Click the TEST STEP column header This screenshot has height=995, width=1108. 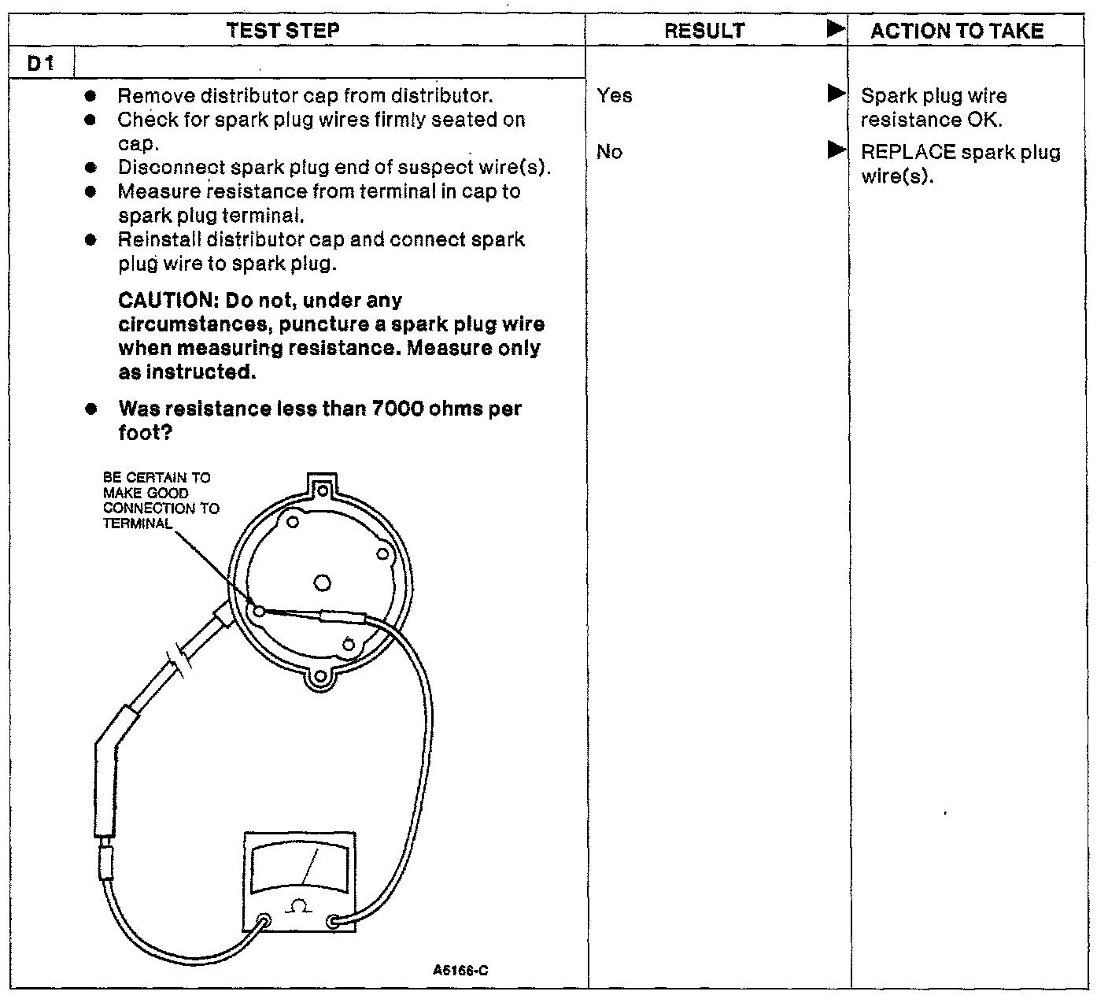(x=283, y=31)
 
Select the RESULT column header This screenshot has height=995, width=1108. (x=704, y=31)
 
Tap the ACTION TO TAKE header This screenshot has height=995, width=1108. (x=957, y=31)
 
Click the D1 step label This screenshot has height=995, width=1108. (x=40, y=63)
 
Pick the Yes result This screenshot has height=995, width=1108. (x=614, y=96)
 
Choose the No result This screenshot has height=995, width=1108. (x=609, y=152)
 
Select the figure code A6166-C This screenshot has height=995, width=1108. (x=460, y=971)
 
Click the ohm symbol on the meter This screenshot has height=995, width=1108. (x=298, y=907)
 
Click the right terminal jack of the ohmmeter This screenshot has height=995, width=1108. (x=334, y=920)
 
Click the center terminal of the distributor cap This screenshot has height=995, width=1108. (x=321, y=583)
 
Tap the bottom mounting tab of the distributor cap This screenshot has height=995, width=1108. (x=319, y=677)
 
